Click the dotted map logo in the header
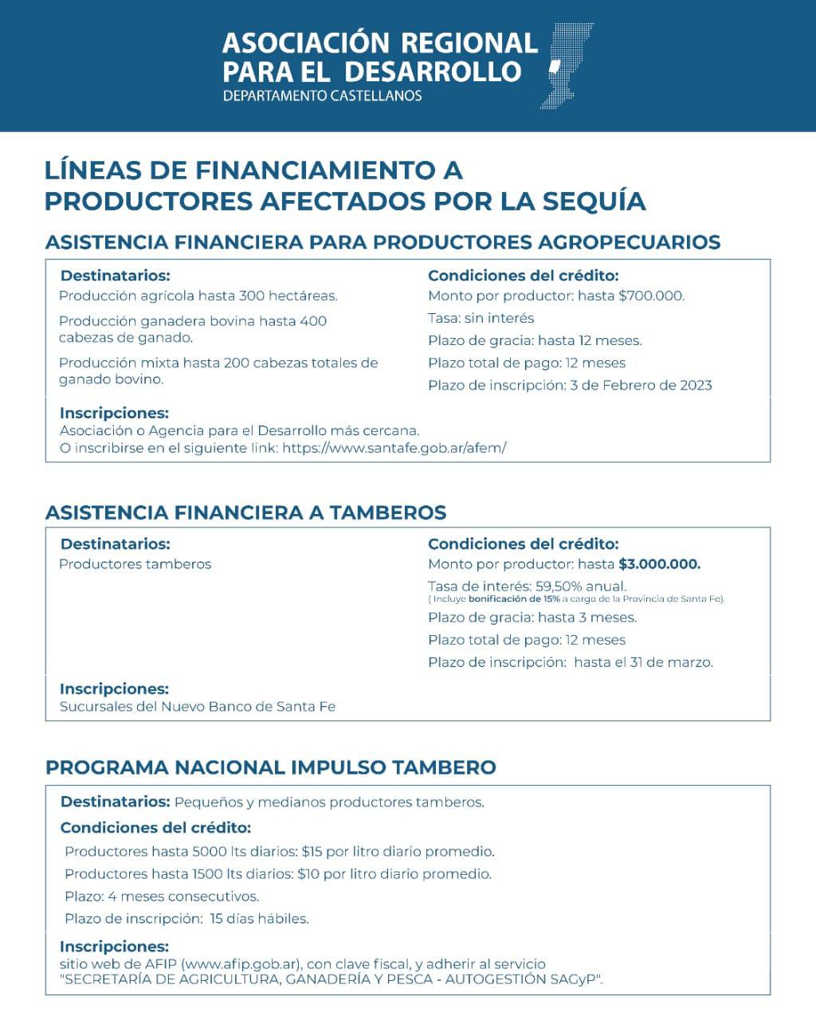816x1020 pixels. (x=567, y=65)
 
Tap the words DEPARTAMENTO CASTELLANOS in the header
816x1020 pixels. (x=322, y=96)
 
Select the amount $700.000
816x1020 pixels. (x=651, y=296)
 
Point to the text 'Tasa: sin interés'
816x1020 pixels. (x=481, y=318)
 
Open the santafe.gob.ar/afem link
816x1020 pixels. (x=394, y=448)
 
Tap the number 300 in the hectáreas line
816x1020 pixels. (x=252, y=296)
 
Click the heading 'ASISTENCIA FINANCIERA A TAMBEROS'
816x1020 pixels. (x=245, y=512)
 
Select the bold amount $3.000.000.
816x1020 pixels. (x=659, y=564)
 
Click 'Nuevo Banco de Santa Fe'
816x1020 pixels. (x=248, y=707)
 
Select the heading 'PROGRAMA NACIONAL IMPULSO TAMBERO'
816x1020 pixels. (x=271, y=767)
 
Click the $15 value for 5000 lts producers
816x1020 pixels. (x=310, y=852)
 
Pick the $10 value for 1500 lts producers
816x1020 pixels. (x=308, y=874)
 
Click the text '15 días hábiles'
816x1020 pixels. (x=260, y=919)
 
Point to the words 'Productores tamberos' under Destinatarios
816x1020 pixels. (x=135, y=564)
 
